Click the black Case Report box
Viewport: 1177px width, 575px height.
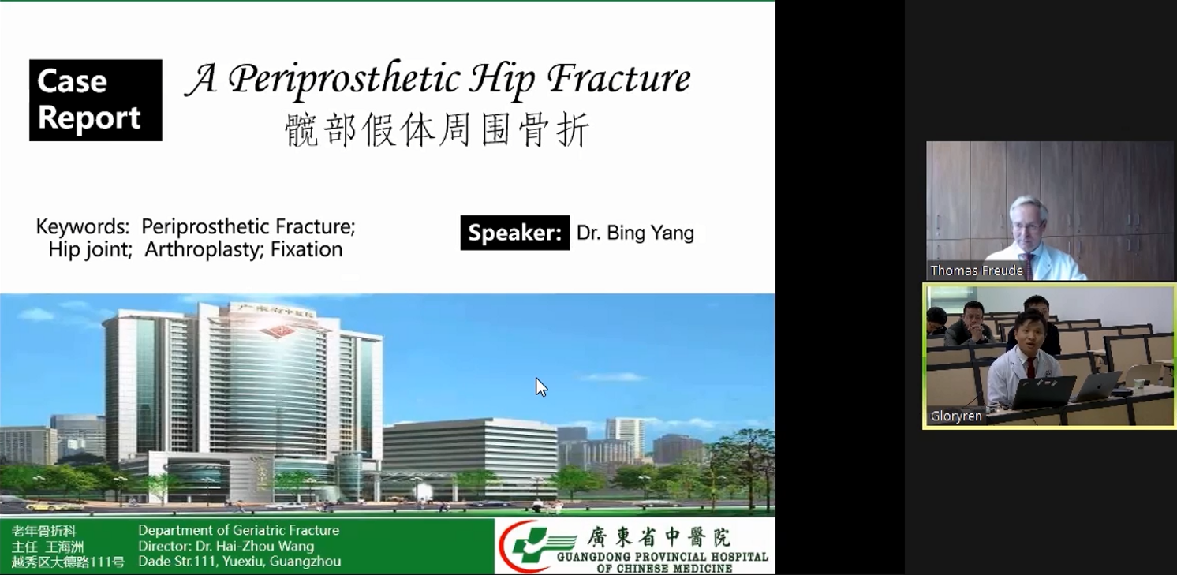pos(95,100)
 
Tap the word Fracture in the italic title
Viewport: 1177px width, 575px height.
pos(619,79)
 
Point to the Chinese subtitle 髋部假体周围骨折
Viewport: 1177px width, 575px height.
pos(437,129)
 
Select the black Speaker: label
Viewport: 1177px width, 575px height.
pos(515,233)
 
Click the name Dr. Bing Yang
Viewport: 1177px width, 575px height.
pos(635,233)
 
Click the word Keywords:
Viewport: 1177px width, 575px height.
pos(83,226)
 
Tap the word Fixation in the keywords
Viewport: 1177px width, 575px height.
pos(306,249)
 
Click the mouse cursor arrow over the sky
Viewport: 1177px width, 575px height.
pos(541,387)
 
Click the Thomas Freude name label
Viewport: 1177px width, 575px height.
pos(977,271)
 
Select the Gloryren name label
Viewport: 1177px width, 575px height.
pos(956,416)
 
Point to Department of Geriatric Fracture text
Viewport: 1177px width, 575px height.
pos(238,530)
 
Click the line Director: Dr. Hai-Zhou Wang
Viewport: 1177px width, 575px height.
pos(226,546)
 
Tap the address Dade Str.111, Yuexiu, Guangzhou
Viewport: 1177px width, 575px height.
pos(240,562)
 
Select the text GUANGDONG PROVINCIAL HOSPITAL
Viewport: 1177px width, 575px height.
pos(663,557)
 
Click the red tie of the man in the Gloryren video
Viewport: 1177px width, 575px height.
pos(1030,368)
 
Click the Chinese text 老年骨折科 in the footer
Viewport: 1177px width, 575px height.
pos(44,531)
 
